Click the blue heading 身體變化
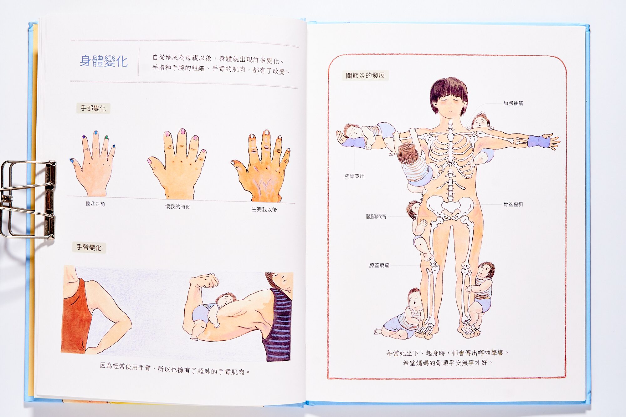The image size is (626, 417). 104,61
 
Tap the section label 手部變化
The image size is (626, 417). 93,108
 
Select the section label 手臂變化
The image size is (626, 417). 89,247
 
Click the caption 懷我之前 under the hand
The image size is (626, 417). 95,204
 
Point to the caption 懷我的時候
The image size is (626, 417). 178,207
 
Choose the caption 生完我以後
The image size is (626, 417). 264,210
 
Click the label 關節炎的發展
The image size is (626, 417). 365,75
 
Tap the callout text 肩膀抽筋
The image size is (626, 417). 513,103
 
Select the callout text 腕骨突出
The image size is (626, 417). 354,176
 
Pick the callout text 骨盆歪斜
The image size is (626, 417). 513,204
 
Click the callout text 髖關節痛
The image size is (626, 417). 376,216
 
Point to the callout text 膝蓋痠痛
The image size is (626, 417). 379,265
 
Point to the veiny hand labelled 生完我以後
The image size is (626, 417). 260,167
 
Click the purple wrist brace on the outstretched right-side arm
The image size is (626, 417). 538,141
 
